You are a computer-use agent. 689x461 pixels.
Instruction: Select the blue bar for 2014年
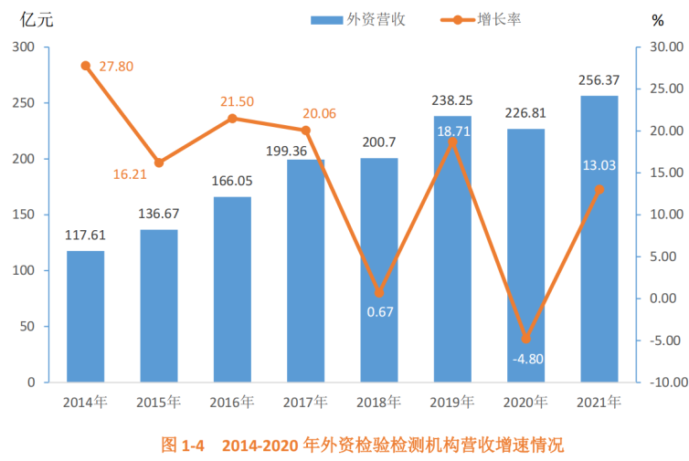(x=86, y=316)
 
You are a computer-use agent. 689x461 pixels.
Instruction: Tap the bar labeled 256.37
(x=599, y=238)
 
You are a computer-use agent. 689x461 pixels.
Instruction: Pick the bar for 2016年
(x=232, y=288)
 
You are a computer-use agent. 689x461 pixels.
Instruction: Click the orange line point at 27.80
(x=86, y=66)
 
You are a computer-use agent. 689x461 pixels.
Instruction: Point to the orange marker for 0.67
(x=379, y=293)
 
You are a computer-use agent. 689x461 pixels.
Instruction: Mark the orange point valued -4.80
(x=525, y=339)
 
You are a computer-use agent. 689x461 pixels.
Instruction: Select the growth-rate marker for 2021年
(x=599, y=189)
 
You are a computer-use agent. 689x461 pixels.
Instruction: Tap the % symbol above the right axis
(x=658, y=19)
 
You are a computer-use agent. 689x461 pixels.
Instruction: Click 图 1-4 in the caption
(x=181, y=445)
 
